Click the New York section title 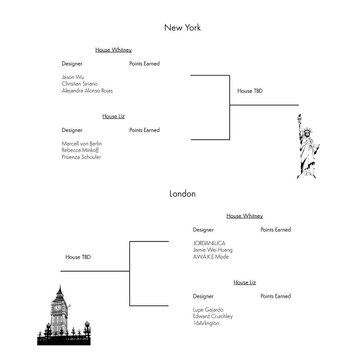point(182,28)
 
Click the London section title point(182,194)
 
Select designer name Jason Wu point(73,77)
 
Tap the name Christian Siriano point(80,84)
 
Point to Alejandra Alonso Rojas point(87,91)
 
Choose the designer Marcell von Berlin point(82,143)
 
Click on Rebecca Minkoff point(80,150)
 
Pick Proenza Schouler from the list point(81,157)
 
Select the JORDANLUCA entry point(209,243)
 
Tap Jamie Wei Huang point(213,250)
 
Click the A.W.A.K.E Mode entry point(211,257)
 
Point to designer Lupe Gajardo point(208,310)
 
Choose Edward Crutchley point(213,316)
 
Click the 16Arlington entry point(206,323)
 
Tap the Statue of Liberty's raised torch point(299,117)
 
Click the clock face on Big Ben point(57,308)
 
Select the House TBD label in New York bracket point(250,91)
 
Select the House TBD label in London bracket point(78,257)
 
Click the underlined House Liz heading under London point(244,282)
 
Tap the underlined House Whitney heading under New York point(113,50)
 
